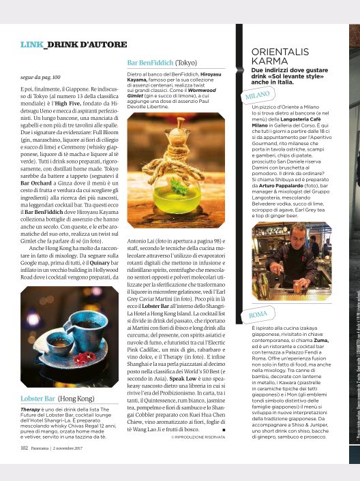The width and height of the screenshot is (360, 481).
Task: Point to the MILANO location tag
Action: [257, 98]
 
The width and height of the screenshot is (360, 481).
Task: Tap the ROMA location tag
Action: [258, 315]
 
